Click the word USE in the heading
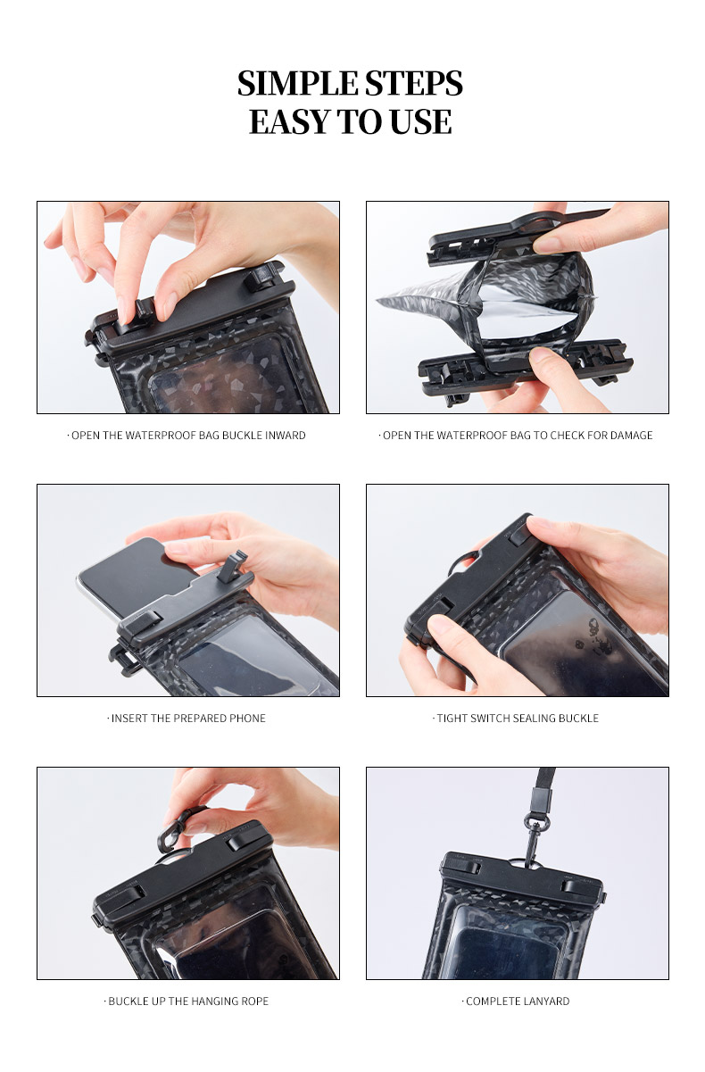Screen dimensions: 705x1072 click(420, 121)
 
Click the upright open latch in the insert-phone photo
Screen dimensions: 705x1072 click(232, 567)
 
